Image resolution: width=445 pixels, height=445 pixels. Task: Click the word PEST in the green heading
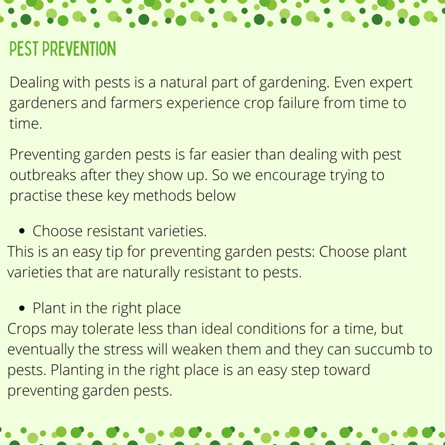tap(24, 49)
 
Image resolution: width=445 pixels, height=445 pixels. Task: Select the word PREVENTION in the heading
tap(79, 49)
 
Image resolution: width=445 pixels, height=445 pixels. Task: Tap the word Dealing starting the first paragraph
tap(34, 83)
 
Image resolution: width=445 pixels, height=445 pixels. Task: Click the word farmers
tap(136, 103)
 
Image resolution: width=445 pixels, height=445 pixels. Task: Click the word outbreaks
tap(43, 175)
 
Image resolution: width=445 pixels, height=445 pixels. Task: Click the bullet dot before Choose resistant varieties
tap(22, 231)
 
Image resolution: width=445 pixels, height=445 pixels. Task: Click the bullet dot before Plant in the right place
tap(22, 308)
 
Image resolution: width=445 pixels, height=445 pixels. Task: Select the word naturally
tap(151, 273)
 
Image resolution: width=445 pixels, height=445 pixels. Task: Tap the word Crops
tap(27, 330)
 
